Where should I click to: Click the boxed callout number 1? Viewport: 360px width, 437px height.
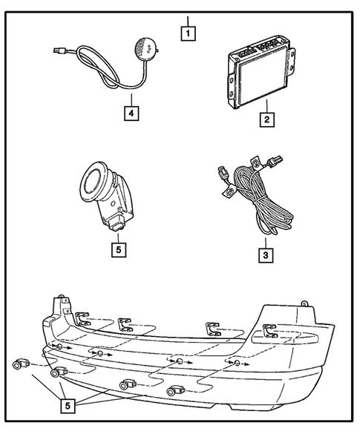click(x=191, y=32)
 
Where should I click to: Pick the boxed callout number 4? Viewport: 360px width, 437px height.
click(x=130, y=114)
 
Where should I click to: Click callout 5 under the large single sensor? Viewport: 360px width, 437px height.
click(x=117, y=249)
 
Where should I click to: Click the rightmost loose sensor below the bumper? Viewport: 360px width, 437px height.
click(x=176, y=390)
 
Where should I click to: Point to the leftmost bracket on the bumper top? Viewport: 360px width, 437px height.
click(x=82, y=319)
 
